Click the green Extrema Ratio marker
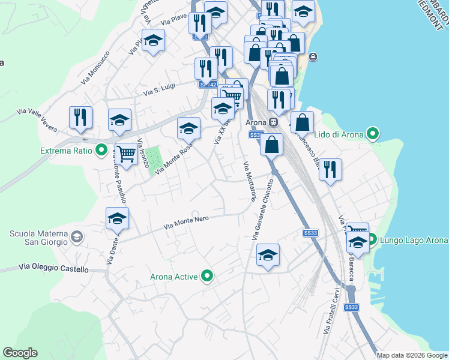101,150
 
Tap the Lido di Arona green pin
373,134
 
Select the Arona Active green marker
208,277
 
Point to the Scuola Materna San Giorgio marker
76,238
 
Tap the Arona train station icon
273,122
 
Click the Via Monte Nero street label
186,222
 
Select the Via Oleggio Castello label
53,268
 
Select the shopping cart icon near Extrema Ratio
126,153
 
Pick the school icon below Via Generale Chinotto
268,254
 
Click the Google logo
20,353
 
